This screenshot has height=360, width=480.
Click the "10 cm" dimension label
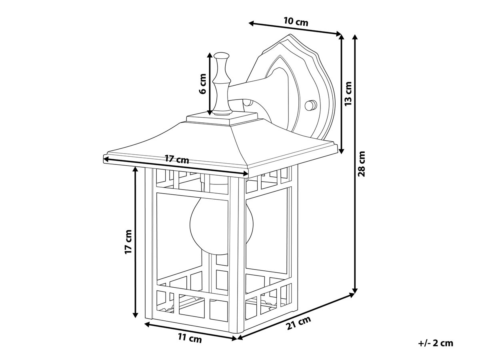pyautogui.click(x=296, y=22)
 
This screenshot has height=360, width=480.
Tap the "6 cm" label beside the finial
pyautogui.click(x=203, y=84)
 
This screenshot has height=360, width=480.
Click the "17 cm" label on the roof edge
pyautogui.click(x=177, y=160)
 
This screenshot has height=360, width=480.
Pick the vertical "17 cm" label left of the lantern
pyautogui.click(x=128, y=242)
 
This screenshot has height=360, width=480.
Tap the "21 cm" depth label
pyautogui.click(x=299, y=324)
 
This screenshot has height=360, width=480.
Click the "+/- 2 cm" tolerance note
pyautogui.click(x=436, y=343)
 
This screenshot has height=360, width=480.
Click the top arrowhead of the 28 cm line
pyautogui.click(x=354, y=36)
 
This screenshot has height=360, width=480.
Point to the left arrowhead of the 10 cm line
pyautogui.click(x=251, y=23)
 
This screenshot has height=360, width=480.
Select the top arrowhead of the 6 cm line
pyautogui.click(x=209, y=55)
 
